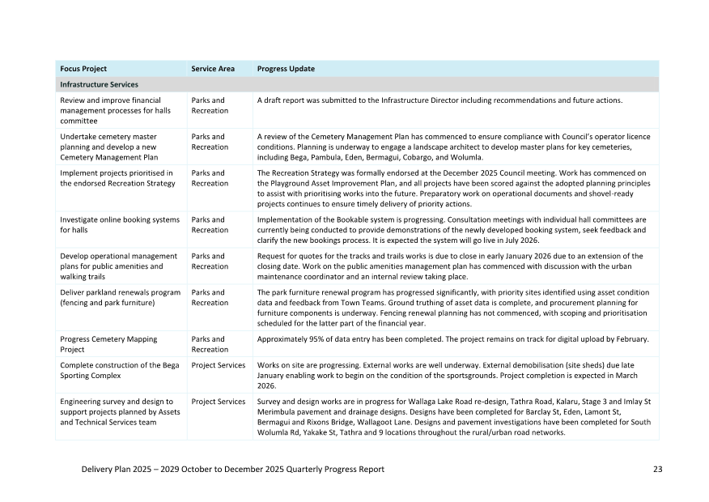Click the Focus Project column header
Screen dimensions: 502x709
coord(83,69)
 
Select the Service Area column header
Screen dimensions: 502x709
coord(213,69)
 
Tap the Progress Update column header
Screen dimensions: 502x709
coord(286,69)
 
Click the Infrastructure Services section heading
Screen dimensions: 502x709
coord(99,84)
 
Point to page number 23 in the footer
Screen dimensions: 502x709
coord(656,470)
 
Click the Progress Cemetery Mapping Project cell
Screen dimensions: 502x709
coord(108,344)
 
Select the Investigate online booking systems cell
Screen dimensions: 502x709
coord(120,224)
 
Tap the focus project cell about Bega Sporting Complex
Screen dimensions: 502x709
coord(116,370)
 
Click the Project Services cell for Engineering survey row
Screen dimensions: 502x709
coord(218,402)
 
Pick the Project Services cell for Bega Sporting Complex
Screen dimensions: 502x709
coord(218,365)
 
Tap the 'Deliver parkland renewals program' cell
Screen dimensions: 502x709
coord(120,297)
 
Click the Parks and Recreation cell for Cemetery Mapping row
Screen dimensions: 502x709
coord(209,344)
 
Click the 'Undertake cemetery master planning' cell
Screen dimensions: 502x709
coord(114,147)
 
